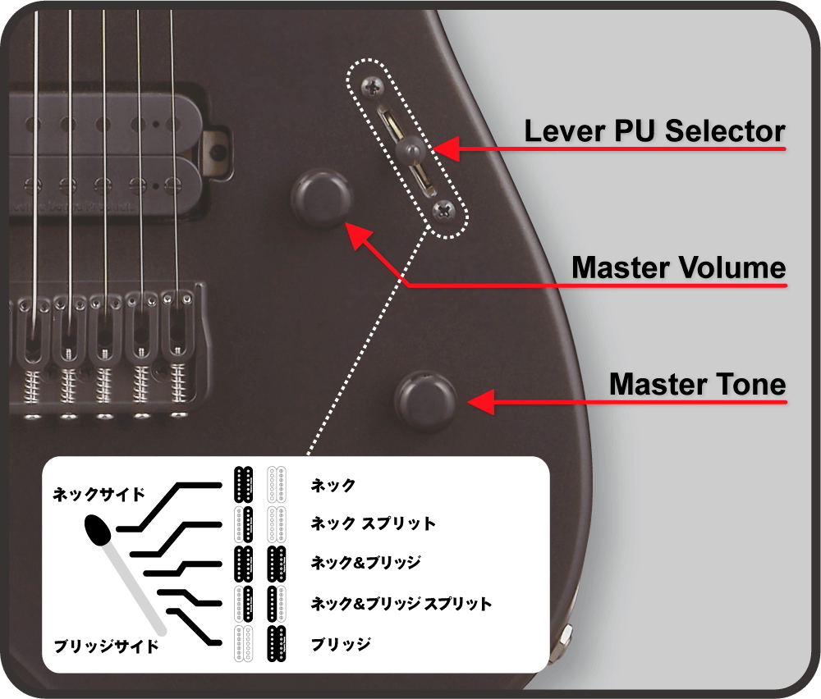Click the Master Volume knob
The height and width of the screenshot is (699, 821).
pyautogui.click(x=322, y=198)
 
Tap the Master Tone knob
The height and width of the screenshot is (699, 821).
pyautogui.click(x=425, y=401)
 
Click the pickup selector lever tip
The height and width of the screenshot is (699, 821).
pyautogui.click(x=410, y=149)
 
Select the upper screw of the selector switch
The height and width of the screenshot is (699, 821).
pyautogui.click(x=373, y=87)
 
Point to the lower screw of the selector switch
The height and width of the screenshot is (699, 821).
pyautogui.click(x=444, y=212)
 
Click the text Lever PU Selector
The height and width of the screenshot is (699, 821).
pyautogui.click(x=654, y=130)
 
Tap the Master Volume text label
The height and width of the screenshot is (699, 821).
pyautogui.click(x=679, y=267)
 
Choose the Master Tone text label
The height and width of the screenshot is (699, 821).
pyautogui.click(x=697, y=384)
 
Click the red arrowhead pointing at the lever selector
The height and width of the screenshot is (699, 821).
pyautogui.click(x=446, y=148)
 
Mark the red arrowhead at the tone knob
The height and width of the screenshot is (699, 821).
pyautogui.click(x=480, y=402)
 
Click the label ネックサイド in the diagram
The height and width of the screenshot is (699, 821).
pyautogui.click(x=99, y=494)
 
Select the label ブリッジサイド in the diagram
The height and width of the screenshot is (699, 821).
pyautogui.click(x=106, y=646)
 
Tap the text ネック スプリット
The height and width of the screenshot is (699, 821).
pyautogui.click(x=373, y=523)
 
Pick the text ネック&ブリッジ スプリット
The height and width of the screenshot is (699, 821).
pyautogui.click(x=401, y=603)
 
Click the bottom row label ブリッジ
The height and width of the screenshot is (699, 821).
pyautogui.click(x=341, y=643)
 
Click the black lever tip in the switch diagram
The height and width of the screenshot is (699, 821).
pyautogui.click(x=98, y=530)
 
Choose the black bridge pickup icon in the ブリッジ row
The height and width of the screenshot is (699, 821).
pyautogui.click(x=277, y=643)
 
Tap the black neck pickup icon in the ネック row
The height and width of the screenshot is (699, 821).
pyautogui.click(x=244, y=485)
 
